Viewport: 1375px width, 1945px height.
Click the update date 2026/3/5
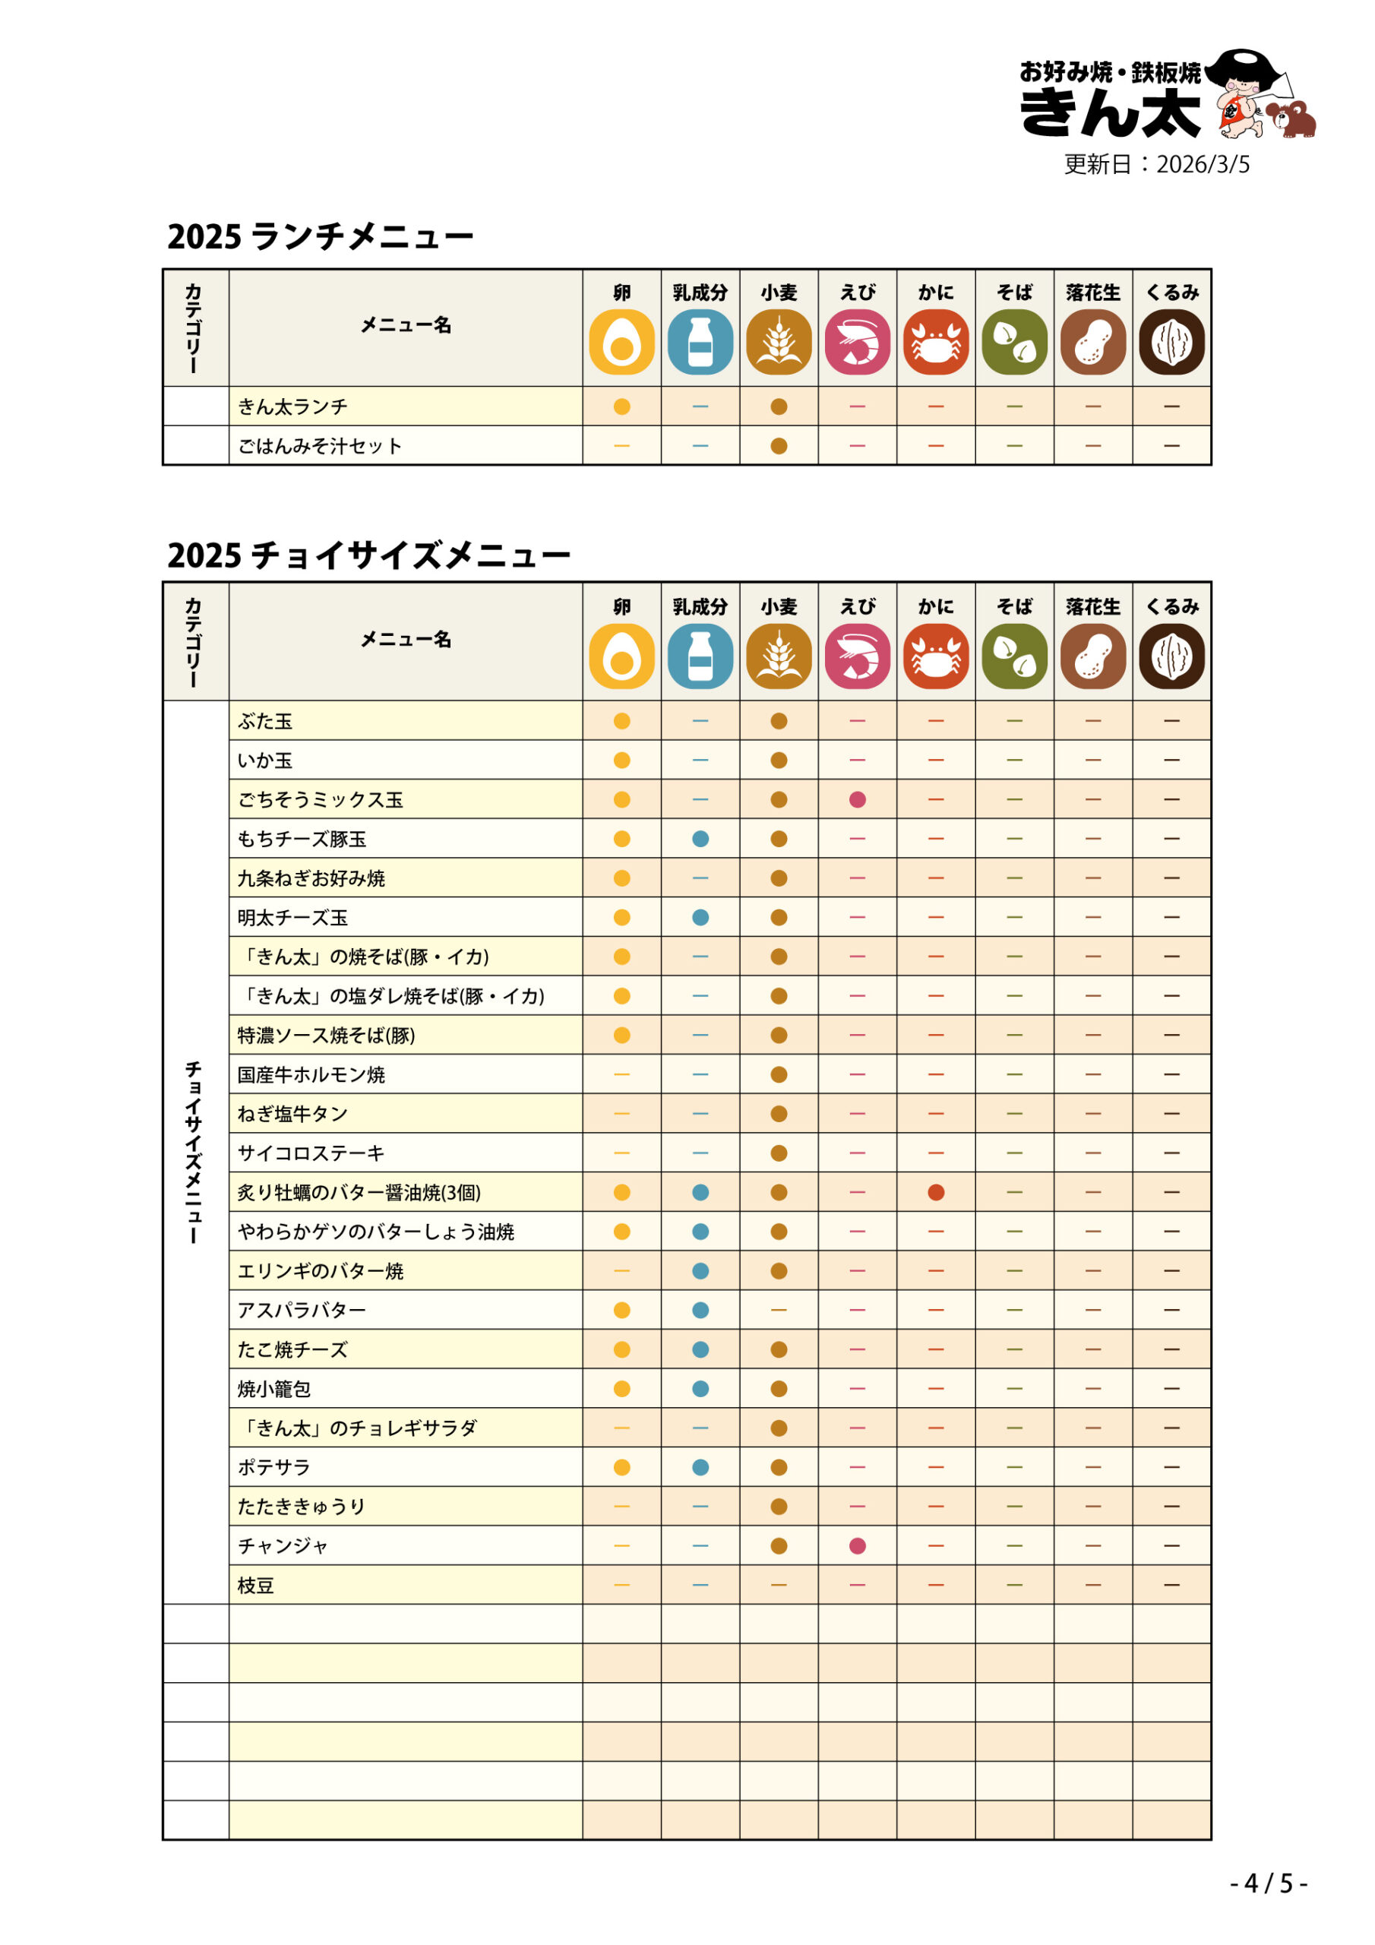pos(1156,164)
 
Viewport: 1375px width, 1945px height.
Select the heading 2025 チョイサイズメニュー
pos(368,555)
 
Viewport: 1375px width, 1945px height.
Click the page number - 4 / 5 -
pos(1268,1883)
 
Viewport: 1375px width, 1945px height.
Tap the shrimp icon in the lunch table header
pos(858,342)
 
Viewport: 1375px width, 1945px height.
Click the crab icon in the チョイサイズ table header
pos(935,656)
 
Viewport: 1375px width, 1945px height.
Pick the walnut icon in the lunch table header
pos(1171,342)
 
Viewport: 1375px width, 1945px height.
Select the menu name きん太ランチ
pos(292,406)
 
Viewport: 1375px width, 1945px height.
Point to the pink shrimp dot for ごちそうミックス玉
pos(858,800)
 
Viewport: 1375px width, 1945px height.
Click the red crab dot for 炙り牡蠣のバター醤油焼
pos(935,1193)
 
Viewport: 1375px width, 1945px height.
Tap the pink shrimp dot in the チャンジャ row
pos(858,1546)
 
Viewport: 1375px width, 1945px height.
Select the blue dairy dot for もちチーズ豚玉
pos(700,839)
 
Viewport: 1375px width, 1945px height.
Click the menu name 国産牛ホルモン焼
pos(311,1075)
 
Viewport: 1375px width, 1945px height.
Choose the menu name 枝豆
pos(256,1586)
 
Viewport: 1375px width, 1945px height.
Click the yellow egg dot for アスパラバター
pos(622,1311)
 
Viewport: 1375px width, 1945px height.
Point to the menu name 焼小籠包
pos(273,1390)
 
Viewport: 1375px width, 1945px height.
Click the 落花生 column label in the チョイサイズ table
pos(1093,606)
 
